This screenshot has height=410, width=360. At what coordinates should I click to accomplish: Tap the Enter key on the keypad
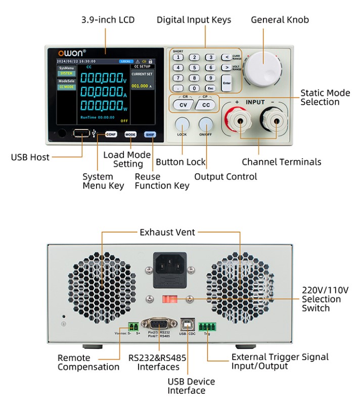tap(226, 83)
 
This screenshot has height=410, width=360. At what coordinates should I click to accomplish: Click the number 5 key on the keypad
tap(194, 68)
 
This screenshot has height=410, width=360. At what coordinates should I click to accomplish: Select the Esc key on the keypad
tap(210, 88)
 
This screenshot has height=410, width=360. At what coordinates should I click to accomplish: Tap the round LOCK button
tap(182, 125)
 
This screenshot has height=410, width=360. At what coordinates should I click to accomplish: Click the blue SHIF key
tap(150, 134)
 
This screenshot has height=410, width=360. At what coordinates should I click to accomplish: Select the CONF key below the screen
tap(111, 134)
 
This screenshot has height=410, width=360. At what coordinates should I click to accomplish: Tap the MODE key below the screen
tap(130, 134)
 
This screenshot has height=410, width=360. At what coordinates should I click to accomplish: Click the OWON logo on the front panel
tap(71, 52)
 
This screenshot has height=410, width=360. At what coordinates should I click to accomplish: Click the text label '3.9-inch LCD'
tap(108, 20)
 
